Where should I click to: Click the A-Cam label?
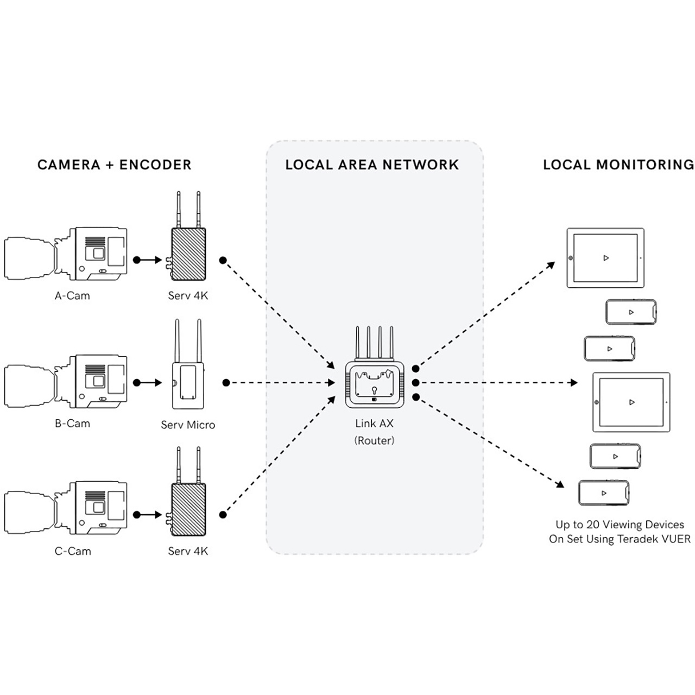[72, 296]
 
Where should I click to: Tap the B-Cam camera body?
[98, 382]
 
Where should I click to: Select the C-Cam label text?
[73, 551]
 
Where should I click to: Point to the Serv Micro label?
[188, 425]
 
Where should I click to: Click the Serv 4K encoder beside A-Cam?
[188, 254]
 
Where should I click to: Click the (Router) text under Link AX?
[374, 441]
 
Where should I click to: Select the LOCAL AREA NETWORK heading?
[372, 165]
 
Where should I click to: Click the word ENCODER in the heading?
[155, 165]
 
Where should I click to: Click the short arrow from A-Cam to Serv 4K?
[148, 260]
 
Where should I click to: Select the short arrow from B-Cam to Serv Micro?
[148, 383]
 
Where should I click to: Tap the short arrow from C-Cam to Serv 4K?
[148, 515]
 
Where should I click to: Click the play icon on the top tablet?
[606, 258]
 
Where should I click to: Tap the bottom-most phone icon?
[604, 493]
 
